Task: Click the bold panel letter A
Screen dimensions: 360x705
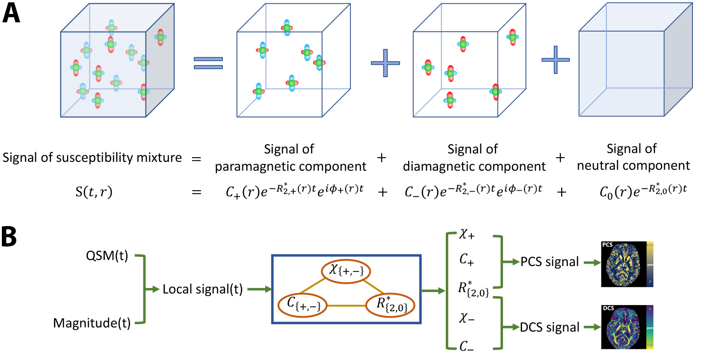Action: click(13, 14)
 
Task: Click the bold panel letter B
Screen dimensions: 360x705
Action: click(12, 237)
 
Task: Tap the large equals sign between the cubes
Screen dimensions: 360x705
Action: click(208, 64)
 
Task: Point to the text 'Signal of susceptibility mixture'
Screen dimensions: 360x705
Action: click(92, 158)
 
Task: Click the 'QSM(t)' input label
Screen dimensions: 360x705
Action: click(107, 256)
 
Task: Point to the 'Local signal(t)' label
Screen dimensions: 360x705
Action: click(202, 289)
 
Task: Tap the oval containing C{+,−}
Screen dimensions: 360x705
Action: click(302, 306)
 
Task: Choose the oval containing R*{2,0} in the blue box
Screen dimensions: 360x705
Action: click(390, 306)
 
